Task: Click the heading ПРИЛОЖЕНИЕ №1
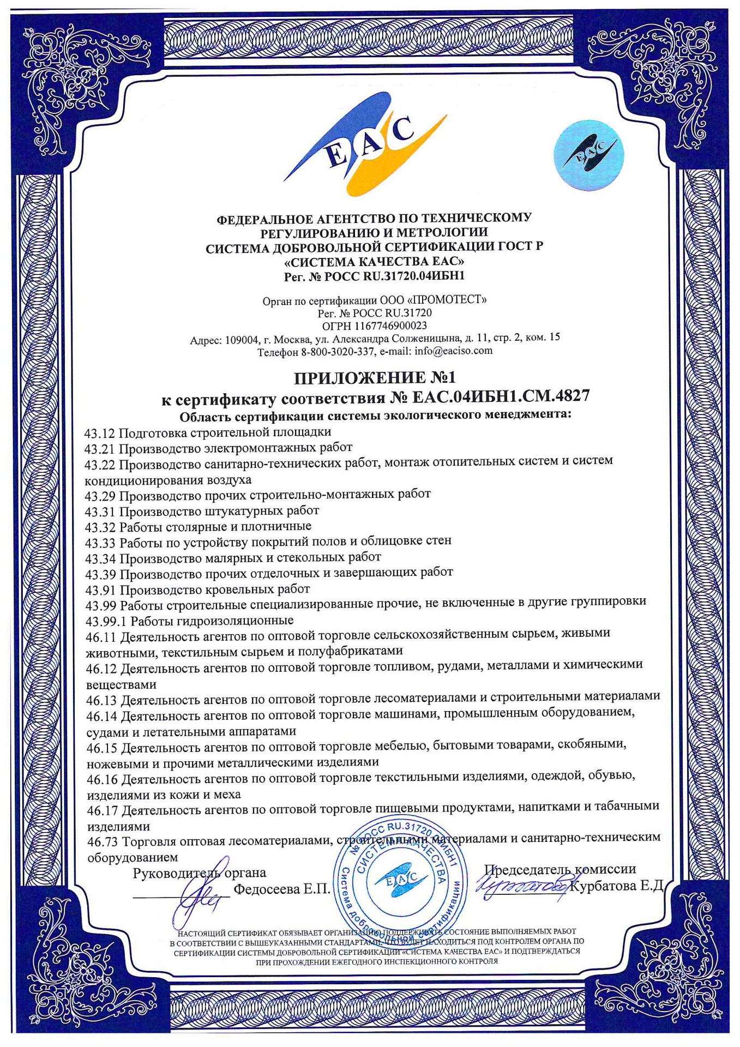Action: click(374, 378)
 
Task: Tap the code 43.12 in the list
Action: click(100, 434)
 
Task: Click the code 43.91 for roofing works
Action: click(101, 589)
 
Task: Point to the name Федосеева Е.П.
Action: click(282, 889)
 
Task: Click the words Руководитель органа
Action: click(200, 872)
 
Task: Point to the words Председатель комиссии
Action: click(560, 869)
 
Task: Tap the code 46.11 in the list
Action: click(102, 636)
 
